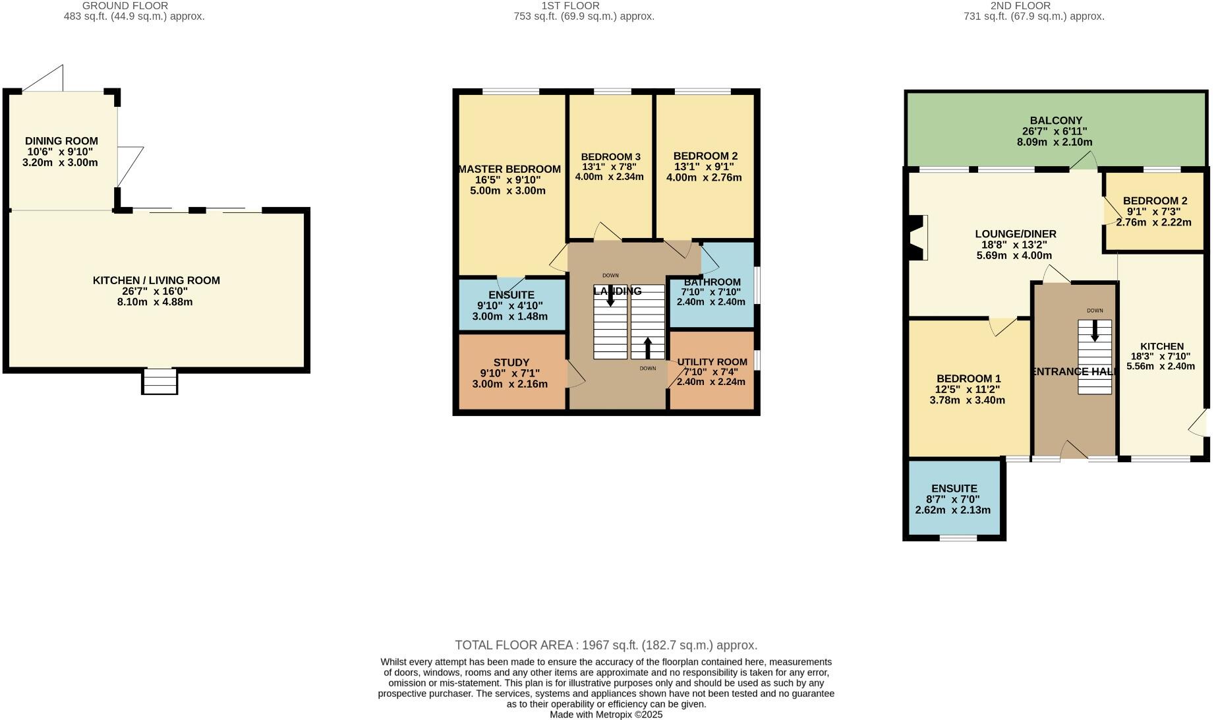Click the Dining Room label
pyautogui.click(x=61, y=140)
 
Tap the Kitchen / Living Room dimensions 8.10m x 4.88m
pyautogui.click(x=156, y=302)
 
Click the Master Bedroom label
pyautogui.click(x=509, y=169)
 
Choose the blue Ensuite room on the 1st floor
pyautogui.click(x=511, y=305)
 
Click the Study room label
pyautogui.click(x=511, y=363)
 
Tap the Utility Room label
pyautogui.click(x=712, y=362)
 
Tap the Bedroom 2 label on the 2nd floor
pyautogui.click(x=1155, y=201)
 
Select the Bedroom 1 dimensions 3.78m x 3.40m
pyautogui.click(x=968, y=400)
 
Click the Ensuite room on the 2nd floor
pyautogui.click(x=954, y=500)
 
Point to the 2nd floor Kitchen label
pyautogui.click(x=1161, y=346)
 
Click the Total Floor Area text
pyautogui.click(x=606, y=645)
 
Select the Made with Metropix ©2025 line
pyautogui.click(x=606, y=714)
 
